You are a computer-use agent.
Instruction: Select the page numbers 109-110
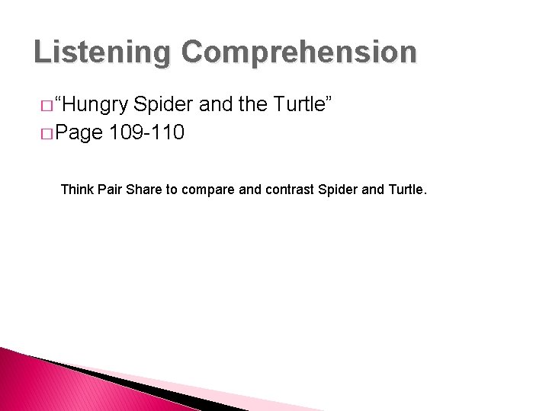pos(146,134)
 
